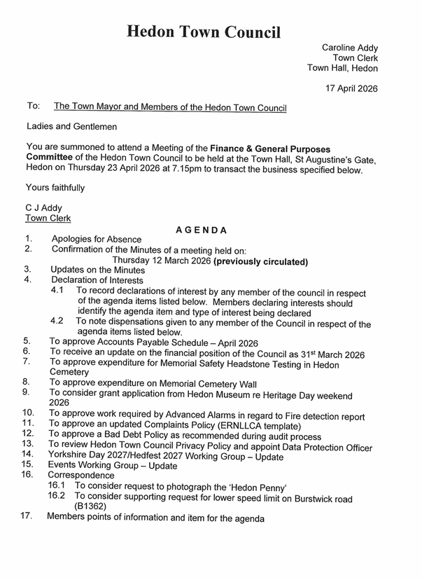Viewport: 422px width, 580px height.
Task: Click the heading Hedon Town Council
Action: [204, 32]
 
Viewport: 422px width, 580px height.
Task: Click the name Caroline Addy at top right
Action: [349, 47]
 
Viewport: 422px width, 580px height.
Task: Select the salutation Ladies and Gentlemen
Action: [71, 127]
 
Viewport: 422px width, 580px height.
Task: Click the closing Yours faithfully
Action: [55, 188]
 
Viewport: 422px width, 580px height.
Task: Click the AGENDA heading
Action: [201, 230]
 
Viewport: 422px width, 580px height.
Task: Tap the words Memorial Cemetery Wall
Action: [200, 384]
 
